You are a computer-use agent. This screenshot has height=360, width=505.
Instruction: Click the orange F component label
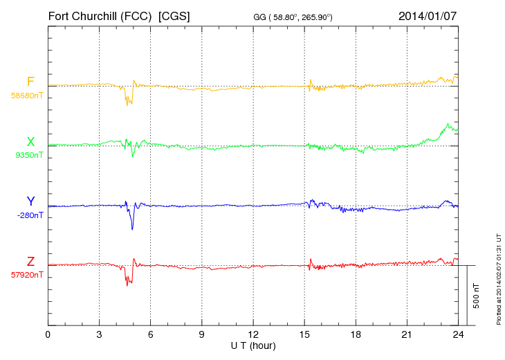[x=30, y=82]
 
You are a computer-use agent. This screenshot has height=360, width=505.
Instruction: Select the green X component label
[x=30, y=143]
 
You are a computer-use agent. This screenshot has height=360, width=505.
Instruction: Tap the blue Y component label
[x=30, y=201]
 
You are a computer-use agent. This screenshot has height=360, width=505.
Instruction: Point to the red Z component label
[x=30, y=262]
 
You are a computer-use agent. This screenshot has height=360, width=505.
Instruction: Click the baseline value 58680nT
[x=27, y=96]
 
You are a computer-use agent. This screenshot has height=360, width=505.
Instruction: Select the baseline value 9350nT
[x=29, y=155]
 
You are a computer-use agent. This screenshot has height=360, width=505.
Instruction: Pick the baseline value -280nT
[x=30, y=215]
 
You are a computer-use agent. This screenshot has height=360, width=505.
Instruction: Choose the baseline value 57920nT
[x=27, y=275]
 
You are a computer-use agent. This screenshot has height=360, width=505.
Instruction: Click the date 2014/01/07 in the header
[x=428, y=15]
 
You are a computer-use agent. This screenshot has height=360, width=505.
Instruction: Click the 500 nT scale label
[x=476, y=296]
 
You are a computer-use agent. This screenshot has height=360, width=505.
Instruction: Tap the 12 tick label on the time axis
[x=252, y=334]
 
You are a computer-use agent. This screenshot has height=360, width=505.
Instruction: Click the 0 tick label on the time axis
[x=48, y=334]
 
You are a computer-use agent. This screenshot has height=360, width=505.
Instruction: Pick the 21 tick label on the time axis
[x=407, y=334]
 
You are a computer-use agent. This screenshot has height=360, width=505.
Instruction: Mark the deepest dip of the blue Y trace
[x=132, y=229]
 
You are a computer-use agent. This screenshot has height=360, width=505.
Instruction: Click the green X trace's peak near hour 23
[x=448, y=125]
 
